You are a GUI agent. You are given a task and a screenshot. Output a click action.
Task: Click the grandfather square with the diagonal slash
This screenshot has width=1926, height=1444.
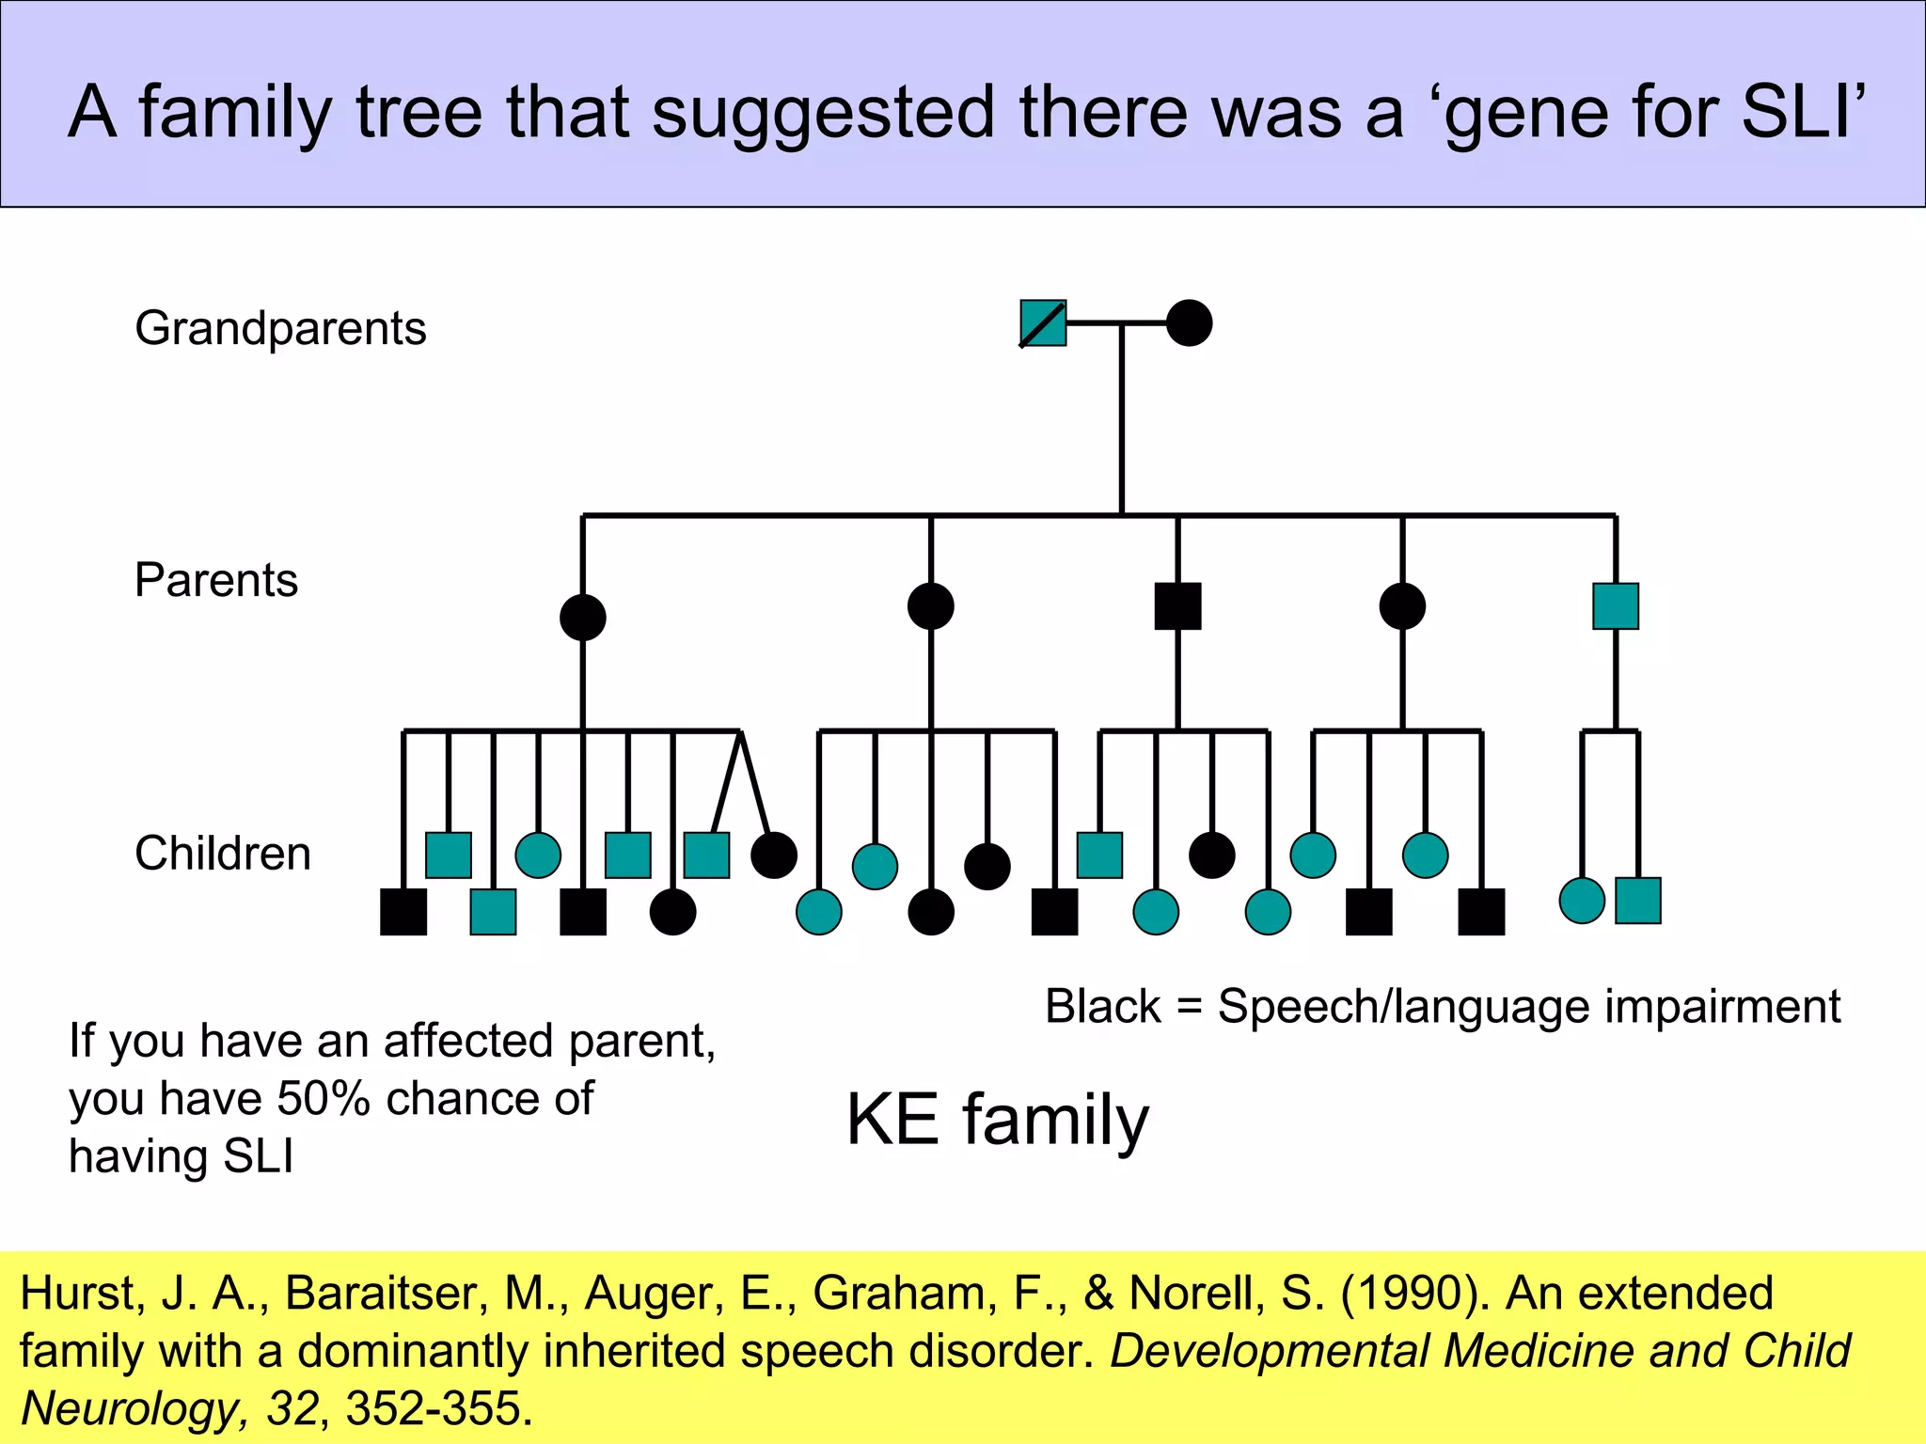[x=1043, y=323]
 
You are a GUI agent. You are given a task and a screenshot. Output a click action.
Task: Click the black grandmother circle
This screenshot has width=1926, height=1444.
[x=1189, y=323]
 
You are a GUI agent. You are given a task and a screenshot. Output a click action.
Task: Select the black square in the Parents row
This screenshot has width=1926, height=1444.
[x=1177, y=606]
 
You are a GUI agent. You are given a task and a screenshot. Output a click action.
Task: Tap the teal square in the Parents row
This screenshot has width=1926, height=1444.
[x=1616, y=606]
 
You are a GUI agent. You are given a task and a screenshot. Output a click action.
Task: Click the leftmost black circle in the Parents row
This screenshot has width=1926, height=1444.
[x=582, y=618]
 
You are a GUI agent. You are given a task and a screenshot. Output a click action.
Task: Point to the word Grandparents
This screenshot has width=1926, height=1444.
[x=280, y=329]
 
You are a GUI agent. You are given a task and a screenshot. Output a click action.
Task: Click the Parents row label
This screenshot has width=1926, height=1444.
[x=216, y=580]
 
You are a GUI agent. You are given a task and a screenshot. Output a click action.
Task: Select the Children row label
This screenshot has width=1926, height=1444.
[x=223, y=854]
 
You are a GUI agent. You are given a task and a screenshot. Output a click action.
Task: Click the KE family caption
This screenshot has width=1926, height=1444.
[x=997, y=1121]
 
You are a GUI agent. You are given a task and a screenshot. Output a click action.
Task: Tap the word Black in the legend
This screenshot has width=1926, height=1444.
[x=1102, y=1007]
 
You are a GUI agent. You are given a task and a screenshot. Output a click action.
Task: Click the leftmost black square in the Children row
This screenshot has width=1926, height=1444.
[x=403, y=912]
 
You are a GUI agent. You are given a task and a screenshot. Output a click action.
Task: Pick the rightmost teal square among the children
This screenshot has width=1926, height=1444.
[x=1637, y=901]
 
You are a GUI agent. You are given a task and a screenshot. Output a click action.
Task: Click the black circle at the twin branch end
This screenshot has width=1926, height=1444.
[x=774, y=855]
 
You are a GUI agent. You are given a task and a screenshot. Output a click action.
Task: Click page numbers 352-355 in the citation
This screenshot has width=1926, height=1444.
[x=433, y=1408]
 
